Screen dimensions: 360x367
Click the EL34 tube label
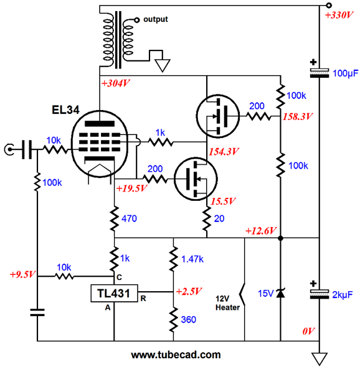[65, 109]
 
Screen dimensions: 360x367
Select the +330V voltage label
[339, 16]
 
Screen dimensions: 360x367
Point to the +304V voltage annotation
[116, 83]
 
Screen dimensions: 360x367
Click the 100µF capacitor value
[346, 73]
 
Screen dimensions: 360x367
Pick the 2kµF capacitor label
[343, 295]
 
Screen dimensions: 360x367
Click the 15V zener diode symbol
[280, 293]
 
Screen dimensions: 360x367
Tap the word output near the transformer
[156, 19]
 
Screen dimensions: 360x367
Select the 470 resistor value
[129, 218]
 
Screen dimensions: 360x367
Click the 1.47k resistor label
[192, 259]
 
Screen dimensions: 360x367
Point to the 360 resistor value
[189, 320]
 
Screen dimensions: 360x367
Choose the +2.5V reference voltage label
[189, 291]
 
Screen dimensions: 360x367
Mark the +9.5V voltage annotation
[22, 274]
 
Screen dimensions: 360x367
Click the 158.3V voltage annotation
[298, 116]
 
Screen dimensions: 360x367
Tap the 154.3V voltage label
[224, 152]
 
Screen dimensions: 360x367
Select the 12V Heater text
[227, 303]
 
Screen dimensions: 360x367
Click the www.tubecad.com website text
[176, 355]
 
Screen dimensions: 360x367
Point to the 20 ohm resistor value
[219, 218]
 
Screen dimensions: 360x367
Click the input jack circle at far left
[9, 149]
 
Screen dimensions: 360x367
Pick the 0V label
[308, 331]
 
